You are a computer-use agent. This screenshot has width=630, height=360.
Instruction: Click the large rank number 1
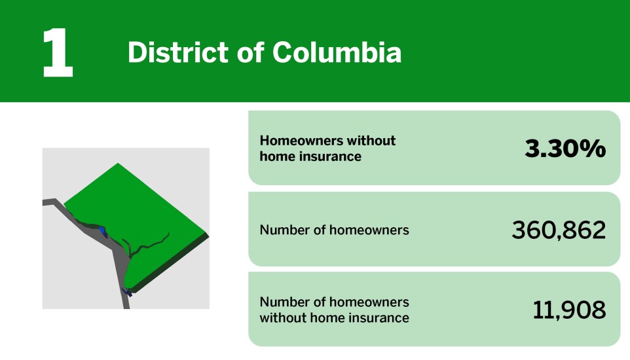click(x=57, y=53)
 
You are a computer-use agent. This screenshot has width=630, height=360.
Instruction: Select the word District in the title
click(x=168, y=52)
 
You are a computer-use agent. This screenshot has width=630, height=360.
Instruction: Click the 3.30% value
click(x=565, y=149)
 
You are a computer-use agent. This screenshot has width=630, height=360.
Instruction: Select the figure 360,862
click(x=558, y=230)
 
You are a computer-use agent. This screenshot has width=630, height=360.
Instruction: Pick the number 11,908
click(x=568, y=310)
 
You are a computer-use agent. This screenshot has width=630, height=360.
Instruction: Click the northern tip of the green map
click(x=117, y=164)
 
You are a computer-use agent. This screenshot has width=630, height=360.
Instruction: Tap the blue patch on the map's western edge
click(x=102, y=230)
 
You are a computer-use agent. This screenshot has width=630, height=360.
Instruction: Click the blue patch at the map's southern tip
click(x=128, y=292)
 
